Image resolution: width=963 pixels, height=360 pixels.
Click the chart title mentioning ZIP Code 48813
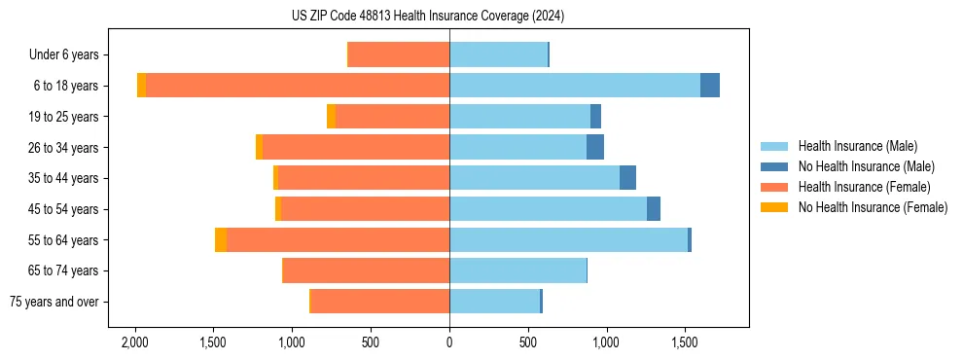(427, 17)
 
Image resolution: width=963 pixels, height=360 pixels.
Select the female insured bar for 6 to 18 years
(297, 86)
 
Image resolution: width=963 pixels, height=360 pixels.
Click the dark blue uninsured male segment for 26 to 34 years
(595, 148)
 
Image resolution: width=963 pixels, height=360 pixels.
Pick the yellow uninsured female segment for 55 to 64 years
(221, 240)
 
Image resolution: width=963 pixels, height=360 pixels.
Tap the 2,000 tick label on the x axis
(134, 343)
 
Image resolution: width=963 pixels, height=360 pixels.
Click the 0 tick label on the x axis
(449, 343)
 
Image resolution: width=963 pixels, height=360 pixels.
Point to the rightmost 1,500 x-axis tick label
(685, 343)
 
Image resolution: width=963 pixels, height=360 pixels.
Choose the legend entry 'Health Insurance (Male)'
(857, 146)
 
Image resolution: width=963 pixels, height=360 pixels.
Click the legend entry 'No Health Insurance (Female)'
(873, 207)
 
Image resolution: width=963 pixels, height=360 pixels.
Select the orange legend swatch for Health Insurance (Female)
(774, 187)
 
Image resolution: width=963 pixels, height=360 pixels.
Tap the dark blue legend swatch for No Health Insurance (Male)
(774, 166)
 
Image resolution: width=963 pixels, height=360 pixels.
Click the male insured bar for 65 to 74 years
(517, 270)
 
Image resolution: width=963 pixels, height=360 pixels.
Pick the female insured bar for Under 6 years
(399, 55)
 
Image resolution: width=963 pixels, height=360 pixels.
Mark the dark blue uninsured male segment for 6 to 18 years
(710, 86)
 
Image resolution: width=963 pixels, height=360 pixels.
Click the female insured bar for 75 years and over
(380, 302)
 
